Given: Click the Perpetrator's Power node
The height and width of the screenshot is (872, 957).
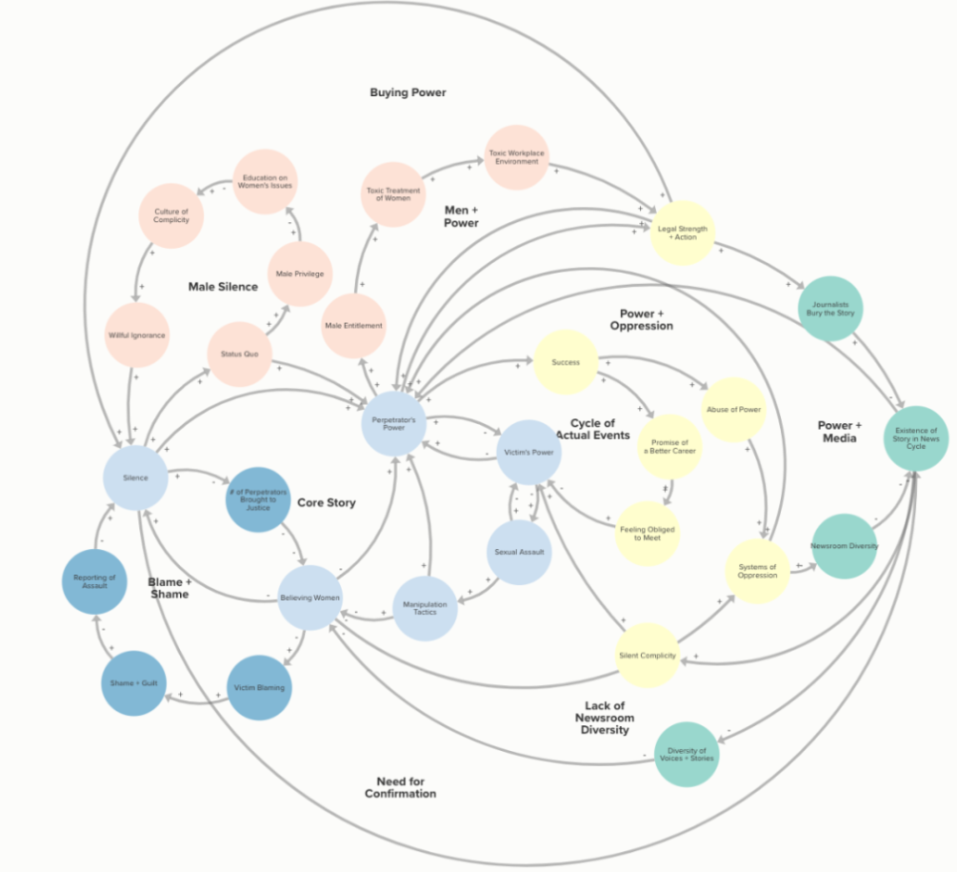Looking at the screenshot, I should [393, 422].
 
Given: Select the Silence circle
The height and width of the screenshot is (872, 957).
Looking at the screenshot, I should [136, 477].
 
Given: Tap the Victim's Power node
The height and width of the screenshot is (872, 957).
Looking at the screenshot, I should [528, 452].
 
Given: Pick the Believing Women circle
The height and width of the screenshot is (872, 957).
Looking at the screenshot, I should [309, 598].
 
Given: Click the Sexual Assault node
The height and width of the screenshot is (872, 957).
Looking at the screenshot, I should [519, 552].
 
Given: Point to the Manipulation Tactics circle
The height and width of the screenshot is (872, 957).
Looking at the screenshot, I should [425, 607].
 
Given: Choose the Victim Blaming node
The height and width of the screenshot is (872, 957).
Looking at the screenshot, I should [260, 687].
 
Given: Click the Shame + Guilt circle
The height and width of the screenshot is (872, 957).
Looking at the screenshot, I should [133, 683].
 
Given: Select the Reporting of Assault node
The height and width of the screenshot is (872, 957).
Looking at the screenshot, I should [94, 580].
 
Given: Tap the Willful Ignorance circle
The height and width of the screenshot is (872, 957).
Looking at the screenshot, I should [137, 335].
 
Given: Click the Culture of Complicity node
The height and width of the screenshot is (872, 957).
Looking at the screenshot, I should [171, 215].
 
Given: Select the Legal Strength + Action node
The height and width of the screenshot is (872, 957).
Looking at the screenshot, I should [683, 233].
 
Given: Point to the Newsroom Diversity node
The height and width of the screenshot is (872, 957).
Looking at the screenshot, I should [844, 546].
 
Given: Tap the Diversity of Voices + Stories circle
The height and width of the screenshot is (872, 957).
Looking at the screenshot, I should [687, 755].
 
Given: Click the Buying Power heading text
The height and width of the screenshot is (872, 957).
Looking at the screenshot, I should [408, 92].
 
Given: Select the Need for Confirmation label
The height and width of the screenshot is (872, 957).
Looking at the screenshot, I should [400, 787].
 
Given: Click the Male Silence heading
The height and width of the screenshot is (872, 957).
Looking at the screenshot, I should [223, 286].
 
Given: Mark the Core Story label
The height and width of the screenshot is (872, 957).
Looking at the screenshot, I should [326, 502].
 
